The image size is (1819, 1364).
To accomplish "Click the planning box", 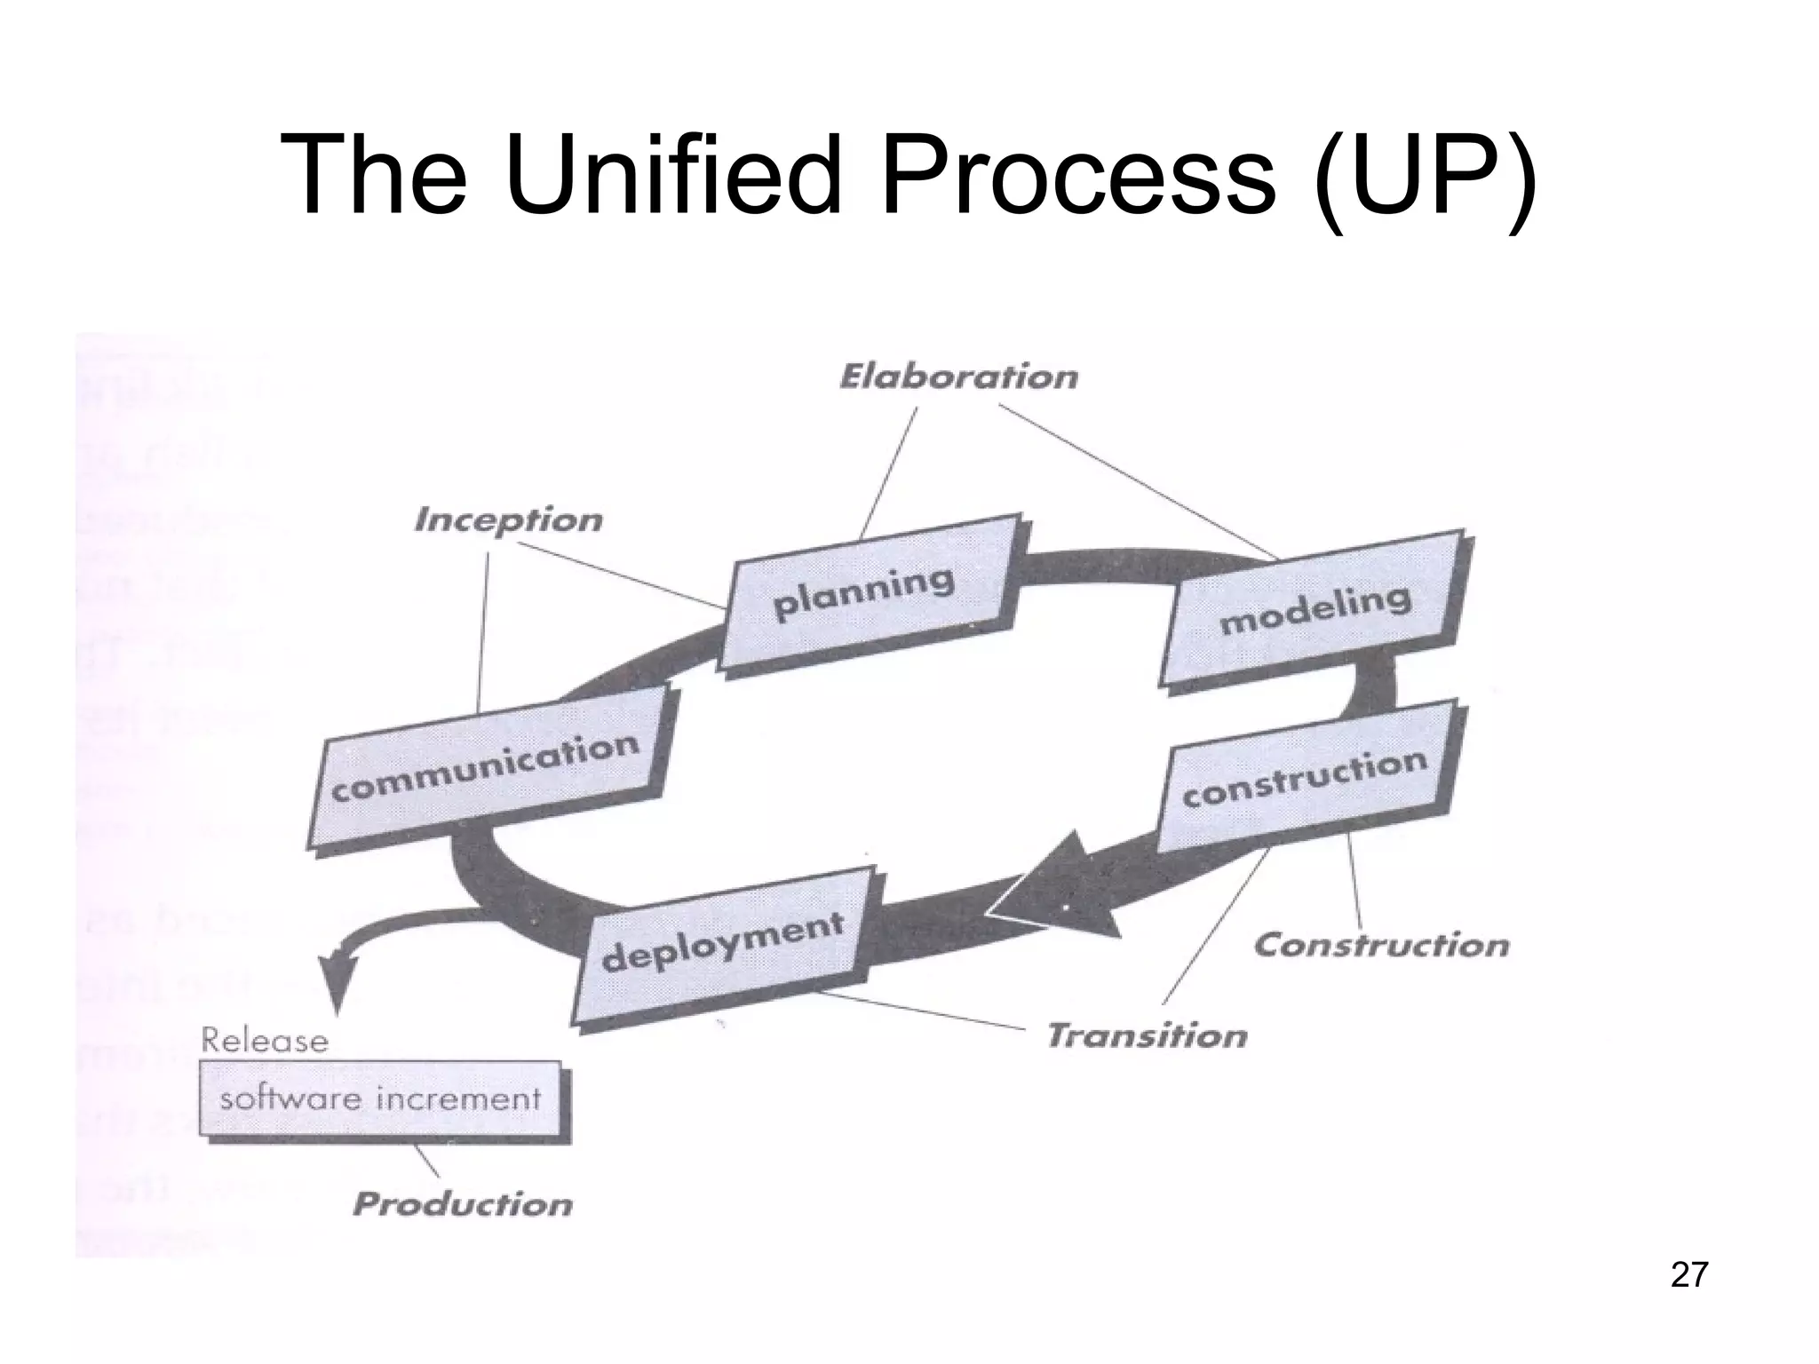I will (x=866, y=593).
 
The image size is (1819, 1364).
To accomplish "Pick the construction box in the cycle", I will (x=1306, y=777).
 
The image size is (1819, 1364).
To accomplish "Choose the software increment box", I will (x=380, y=1098).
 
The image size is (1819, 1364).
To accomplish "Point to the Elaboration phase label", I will (x=958, y=377).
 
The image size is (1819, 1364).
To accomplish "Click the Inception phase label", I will (x=508, y=519).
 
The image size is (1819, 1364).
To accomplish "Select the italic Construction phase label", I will (x=1381, y=944).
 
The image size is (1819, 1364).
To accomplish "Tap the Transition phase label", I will (x=1147, y=1035).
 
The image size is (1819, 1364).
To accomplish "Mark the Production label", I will (x=462, y=1204).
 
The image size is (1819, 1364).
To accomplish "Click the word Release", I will (x=265, y=1040).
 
